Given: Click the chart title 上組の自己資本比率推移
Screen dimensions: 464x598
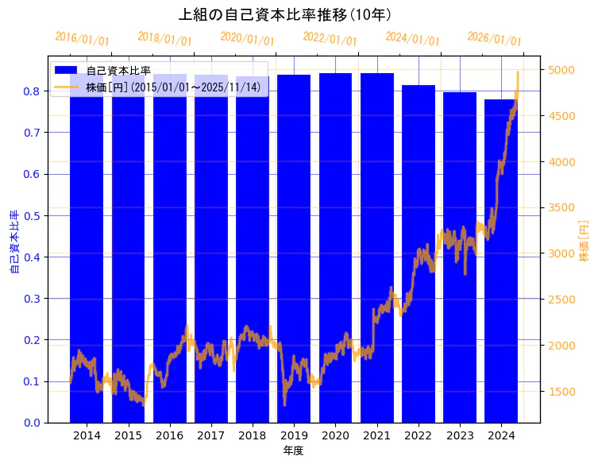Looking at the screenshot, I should [x=285, y=14].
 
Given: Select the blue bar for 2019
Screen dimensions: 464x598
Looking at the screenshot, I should [x=294, y=238].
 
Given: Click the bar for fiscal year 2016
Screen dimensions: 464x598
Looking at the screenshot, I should [x=170, y=238].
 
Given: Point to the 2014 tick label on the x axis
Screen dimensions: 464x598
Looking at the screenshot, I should [x=87, y=435].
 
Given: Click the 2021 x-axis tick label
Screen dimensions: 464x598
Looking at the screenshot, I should [x=376, y=435].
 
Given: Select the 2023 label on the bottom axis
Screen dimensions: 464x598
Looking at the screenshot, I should [x=460, y=435].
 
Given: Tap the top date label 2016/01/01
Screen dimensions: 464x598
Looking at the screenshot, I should [x=83, y=39].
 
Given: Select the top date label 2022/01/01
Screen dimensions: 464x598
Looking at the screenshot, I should [x=330, y=39].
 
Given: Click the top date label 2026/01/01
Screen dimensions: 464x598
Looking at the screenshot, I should [x=495, y=39].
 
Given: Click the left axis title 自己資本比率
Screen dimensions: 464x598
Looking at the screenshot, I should [x=14, y=242].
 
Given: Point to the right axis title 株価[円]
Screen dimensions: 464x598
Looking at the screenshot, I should [x=584, y=242].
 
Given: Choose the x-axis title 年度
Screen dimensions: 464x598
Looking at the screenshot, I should [x=294, y=450].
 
